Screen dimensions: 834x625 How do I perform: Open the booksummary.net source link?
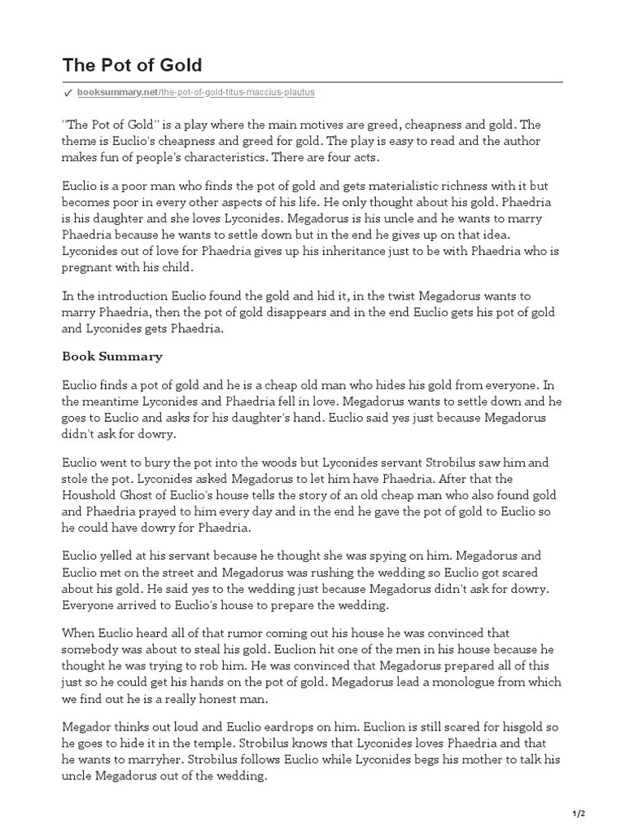195,94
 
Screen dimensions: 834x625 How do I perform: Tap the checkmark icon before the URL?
68,94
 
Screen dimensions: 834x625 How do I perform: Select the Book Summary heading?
112,356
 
